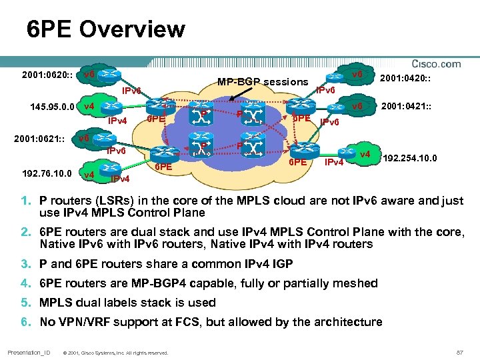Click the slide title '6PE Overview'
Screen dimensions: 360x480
tap(106, 29)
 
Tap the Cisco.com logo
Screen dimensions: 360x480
tap(437, 64)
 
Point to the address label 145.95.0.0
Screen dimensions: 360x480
tap(53, 107)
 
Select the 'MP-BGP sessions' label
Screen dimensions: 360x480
tap(263, 83)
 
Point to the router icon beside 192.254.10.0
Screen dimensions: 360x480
tap(364, 155)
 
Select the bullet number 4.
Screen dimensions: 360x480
tap(23, 283)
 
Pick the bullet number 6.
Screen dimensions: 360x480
tap(23, 323)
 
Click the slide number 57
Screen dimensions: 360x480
tap(459, 352)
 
